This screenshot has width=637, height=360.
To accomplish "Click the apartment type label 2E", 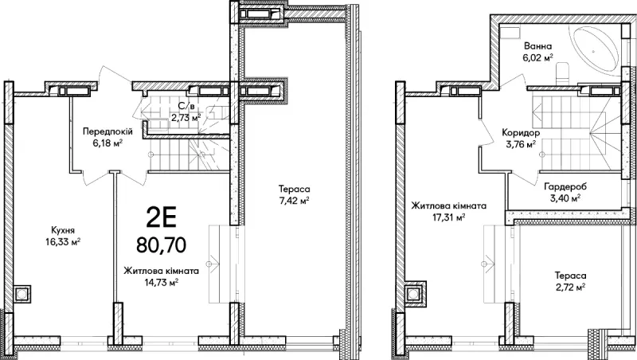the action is click(x=162, y=218).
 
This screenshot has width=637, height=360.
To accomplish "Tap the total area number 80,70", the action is click(x=162, y=245).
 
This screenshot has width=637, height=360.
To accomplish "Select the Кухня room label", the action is click(x=63, y=230).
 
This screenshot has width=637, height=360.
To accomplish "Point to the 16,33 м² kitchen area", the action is click(x=63, y=242).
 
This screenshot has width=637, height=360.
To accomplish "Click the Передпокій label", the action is click(x=107, y=131).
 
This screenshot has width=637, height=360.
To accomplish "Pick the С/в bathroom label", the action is click(x=186, y=107).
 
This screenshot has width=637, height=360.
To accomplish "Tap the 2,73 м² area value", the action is click(x=186, y=118).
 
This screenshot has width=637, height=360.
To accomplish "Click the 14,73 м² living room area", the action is click(x=162, y=283).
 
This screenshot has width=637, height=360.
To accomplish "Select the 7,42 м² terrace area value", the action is click(x=294, y=201).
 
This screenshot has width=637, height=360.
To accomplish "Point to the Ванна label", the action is click(x=537, y=46).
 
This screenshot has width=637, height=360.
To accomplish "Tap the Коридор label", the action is click(x=521, y=132).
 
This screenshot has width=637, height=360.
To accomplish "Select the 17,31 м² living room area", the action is click(x=448, y=217).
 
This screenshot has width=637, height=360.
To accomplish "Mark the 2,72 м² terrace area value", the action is click(x=570, y=288).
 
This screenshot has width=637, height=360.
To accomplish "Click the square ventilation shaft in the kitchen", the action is click(x=21, y=293).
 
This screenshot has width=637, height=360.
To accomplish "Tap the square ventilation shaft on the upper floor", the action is click(x=414, y=293).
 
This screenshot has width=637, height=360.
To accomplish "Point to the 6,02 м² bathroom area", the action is click(x=537, y=57).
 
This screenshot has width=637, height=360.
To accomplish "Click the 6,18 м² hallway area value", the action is click(x=107, y=143).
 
